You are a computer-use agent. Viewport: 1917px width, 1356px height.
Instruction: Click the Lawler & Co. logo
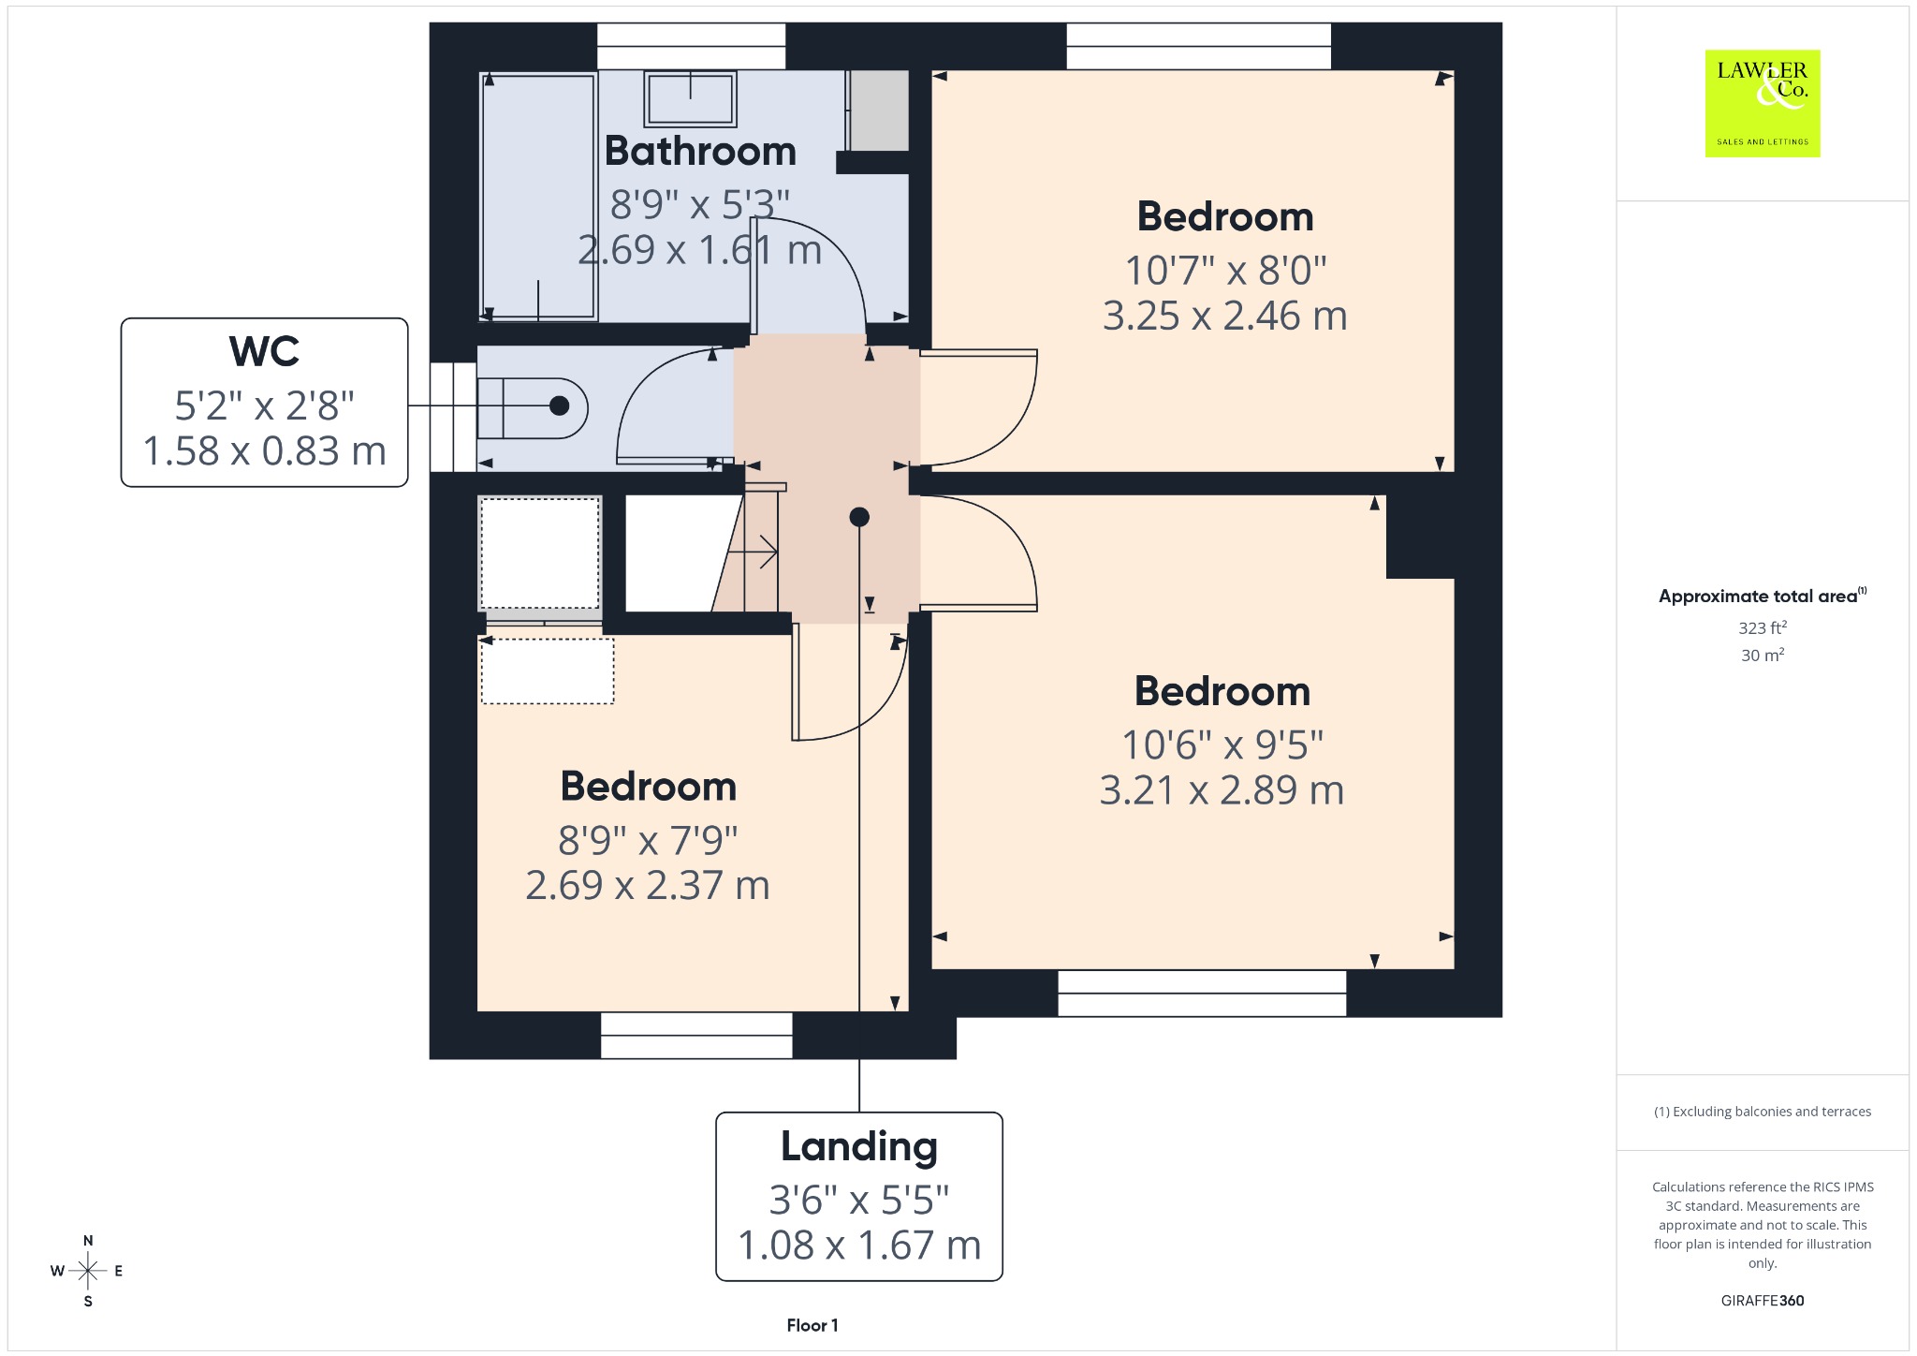click(1763, 103)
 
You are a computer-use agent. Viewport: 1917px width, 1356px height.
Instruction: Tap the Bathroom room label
click(700, 152)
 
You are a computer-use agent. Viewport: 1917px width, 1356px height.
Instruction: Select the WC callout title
click(265, 352)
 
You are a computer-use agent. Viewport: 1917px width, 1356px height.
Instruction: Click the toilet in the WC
click(532, 407)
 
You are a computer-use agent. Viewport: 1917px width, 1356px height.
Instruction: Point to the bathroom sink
click(690, 97)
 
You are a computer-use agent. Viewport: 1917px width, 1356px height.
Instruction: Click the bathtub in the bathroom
click(538, 198)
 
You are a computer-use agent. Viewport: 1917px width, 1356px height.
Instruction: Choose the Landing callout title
click(859, 1147)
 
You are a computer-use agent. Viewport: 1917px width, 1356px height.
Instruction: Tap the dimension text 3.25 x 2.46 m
click(1225, 317)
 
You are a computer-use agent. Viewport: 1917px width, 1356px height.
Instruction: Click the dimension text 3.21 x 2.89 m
click(1222, 791)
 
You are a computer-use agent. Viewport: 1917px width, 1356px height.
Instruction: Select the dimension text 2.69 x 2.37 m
click(648, 886)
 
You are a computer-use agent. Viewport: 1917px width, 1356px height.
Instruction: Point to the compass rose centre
click(88, 1271)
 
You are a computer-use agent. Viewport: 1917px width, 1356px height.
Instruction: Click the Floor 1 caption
click(812, 1325)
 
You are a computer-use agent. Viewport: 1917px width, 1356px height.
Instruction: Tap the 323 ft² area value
click(1763, 627)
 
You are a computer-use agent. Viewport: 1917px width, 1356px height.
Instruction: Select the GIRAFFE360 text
click(1763, 1301)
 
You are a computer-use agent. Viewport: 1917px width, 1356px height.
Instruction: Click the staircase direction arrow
click(753, 553)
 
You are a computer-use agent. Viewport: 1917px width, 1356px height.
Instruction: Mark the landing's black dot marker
click(859, 517)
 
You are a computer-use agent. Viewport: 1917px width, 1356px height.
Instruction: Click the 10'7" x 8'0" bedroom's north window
click(1199, 46)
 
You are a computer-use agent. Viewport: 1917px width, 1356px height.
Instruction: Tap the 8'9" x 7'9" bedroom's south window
click(696, 1036)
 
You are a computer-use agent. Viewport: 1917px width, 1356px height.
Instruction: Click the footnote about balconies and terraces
click(1763, 1112)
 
